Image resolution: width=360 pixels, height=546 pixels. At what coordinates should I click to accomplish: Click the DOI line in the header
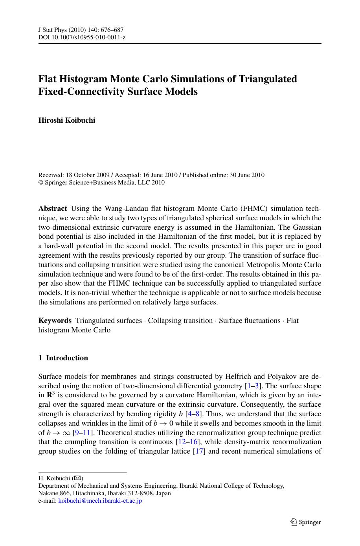(x=82, y=37)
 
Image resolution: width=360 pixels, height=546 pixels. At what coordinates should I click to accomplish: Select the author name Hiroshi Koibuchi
(x=66, y=120)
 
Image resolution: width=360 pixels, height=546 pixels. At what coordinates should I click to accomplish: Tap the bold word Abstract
(x=52, y=208)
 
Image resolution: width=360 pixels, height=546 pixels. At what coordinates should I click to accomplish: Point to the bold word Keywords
(x=55, y=321)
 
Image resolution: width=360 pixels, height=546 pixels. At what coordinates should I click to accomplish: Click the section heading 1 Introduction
(x=63, y=358)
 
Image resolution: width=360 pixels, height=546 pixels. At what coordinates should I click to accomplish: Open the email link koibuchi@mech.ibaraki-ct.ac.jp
(x=100, y=501)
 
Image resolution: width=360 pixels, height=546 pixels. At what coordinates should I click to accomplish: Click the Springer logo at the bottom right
(x=306, y=522)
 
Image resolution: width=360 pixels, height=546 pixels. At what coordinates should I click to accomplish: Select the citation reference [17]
(x=200, y=451)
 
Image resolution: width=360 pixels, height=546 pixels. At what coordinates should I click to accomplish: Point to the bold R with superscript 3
(x=51, y=395)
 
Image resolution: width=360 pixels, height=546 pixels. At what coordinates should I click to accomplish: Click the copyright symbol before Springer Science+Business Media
(x=40, y=183)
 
